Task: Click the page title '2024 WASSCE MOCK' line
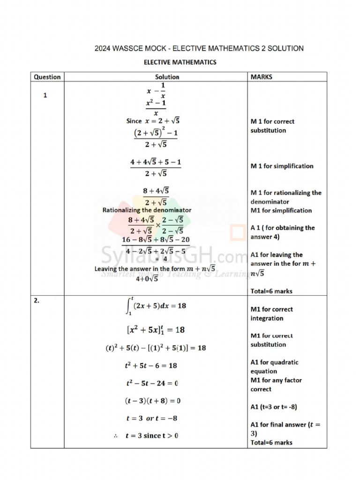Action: click(x=199, y=48)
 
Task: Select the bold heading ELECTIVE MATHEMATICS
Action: click(x=180, y=62)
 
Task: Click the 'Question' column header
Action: click(x=47, y=77)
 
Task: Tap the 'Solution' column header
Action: click(x=167, y=77)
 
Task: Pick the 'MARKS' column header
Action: click(x=262, y=77)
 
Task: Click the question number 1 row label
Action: click(x=45, y=95)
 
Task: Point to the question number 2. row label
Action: click(x=37, y=301)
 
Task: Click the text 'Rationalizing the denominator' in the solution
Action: click(x=147, y=210)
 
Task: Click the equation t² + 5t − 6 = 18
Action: click(x=151, y=365)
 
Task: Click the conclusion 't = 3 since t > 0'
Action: click(x=151, y=436)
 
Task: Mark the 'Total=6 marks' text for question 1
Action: click(x=271, y=291)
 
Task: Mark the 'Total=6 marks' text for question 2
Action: click(x=271, y=442)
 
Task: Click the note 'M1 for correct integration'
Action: click(x=271, y=314)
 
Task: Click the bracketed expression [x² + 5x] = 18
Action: click(x=156, y=330)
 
